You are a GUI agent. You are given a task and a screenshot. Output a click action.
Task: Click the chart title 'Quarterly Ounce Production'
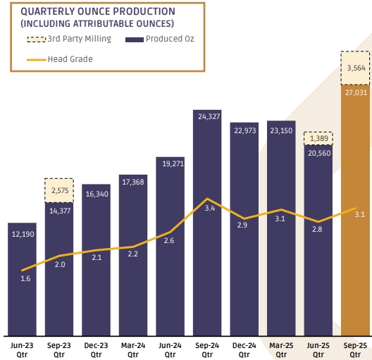click(98, 11)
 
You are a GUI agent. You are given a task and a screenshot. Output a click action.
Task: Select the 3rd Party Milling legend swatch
click(37, 39)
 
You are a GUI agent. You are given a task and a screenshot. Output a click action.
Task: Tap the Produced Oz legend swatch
click(135, 39)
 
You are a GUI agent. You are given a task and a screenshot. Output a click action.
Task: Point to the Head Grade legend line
click(37, 60)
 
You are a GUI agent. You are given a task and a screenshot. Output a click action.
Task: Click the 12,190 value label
click(23, 235)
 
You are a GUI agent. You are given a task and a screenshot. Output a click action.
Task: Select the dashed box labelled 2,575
click(59, 190)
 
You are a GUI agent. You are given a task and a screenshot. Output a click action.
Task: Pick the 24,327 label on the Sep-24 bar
click(209, 116)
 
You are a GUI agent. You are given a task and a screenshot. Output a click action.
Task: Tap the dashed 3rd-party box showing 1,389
click(318, 139)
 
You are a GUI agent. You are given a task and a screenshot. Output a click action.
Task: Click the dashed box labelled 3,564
click(355, 68)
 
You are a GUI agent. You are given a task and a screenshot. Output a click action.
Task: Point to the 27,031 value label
click(356, 92)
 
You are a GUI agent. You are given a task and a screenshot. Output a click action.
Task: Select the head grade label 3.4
click(210, 209)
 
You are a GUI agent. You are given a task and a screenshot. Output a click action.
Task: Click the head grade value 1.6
click(25, 278)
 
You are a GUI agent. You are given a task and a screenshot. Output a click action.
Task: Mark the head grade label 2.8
click(317, 229)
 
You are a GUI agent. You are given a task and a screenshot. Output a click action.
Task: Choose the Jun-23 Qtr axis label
click(22, 350)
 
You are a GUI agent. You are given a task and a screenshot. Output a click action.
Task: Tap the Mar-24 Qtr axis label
click(133, 350)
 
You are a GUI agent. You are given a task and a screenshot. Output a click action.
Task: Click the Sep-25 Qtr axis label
click(355, 350)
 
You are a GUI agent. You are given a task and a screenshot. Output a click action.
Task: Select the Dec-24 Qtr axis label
click(244, 350)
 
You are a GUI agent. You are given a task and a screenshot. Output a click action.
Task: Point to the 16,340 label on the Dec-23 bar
click(97, 194)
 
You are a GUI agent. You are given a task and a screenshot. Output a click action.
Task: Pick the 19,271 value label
click(173, 163)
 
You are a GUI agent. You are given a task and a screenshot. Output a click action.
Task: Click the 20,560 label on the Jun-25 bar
click(319, 153)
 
